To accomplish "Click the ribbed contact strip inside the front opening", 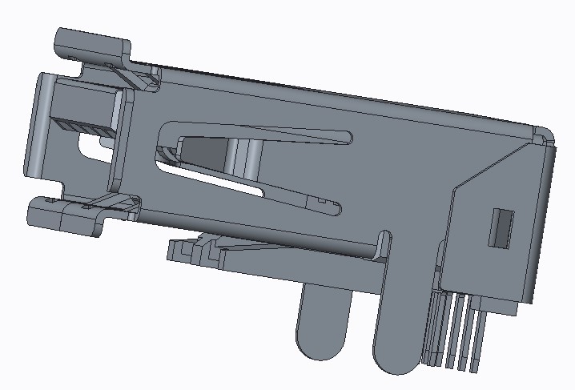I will coord(80,127).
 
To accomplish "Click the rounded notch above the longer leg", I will coord(385,238).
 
